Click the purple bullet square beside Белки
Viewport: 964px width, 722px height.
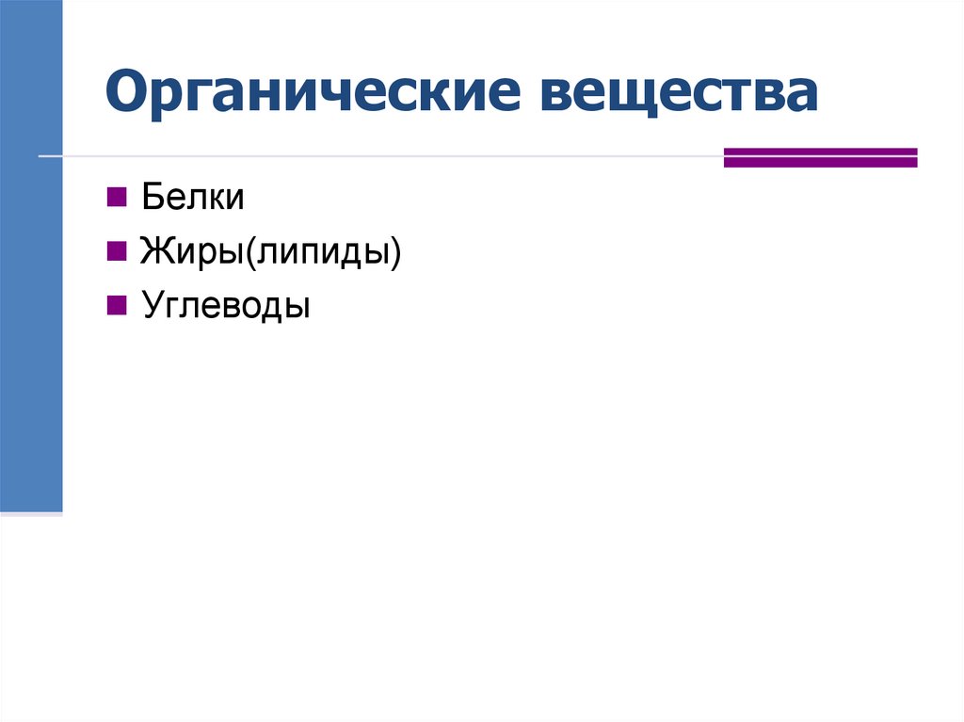coord(117,197)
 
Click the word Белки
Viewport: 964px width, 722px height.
coord(193,198)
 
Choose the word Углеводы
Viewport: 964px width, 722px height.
coord(226,306)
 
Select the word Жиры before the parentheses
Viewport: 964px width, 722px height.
coord(193,252)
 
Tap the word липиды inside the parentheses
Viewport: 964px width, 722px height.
coord(322,252)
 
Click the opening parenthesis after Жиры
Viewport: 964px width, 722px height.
coord(252,252)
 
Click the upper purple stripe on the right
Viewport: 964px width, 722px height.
coord(820,151)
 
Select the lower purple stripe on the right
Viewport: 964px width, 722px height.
coord(820,163)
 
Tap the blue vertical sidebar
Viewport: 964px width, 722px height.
coord(31,254)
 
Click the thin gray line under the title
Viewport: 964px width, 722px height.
coord(377,155)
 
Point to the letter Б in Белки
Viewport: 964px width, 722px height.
coord(151,198)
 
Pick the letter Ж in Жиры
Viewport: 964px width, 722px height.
coord(154,252)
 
